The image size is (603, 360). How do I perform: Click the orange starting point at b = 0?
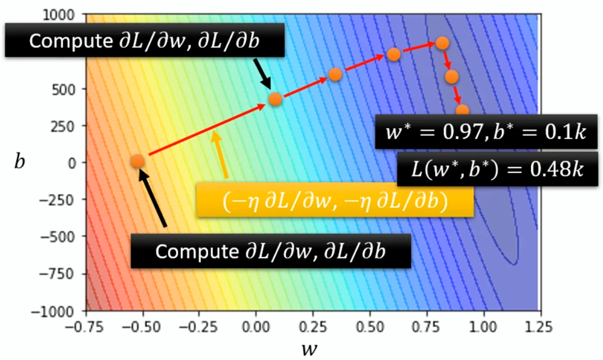(138, 162)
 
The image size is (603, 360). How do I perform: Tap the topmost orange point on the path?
(441, 43)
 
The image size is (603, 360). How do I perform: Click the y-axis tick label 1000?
(67, 15)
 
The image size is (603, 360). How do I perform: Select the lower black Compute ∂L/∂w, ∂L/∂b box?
(271, 251)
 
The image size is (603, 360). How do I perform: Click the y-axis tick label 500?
(69, 89)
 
